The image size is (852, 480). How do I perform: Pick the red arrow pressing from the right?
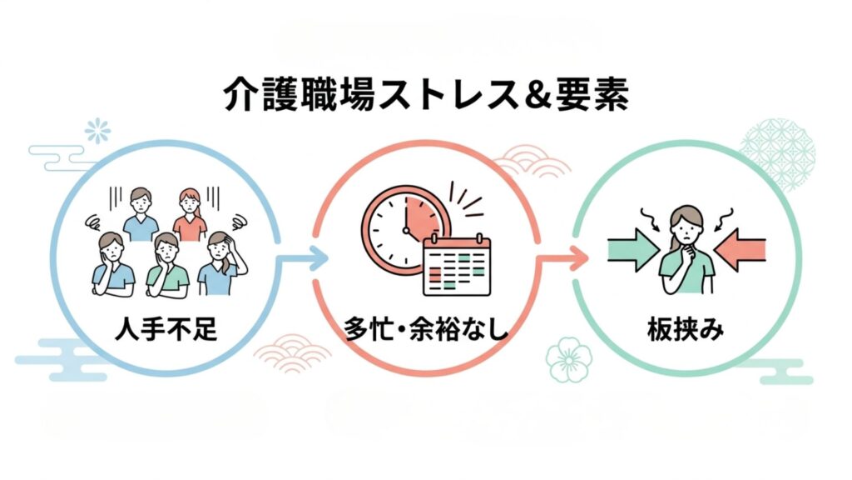(740, 249)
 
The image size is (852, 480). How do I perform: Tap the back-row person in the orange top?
(190, 215)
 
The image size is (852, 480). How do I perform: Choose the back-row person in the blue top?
(141, 215)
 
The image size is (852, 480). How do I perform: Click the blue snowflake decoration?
(97, 131)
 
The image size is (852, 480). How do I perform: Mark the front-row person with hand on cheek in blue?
(113, 264)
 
